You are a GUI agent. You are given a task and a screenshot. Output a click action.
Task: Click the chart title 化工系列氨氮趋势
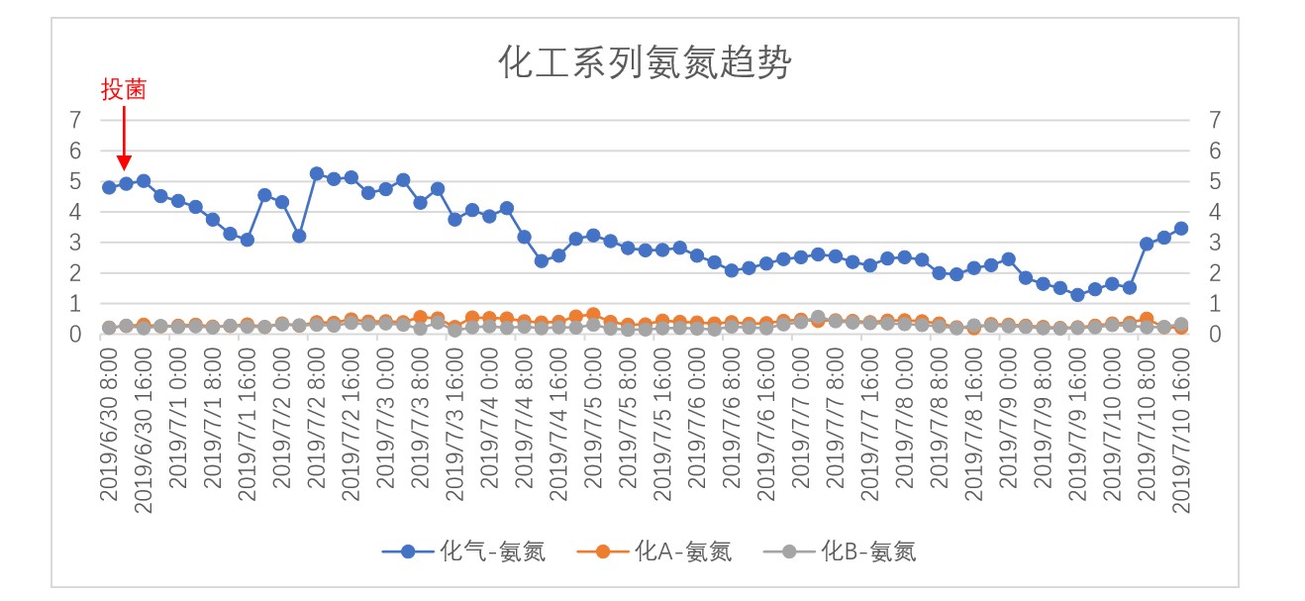tap(645, 64)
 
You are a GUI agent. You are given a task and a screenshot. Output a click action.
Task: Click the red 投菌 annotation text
tap(124, 90)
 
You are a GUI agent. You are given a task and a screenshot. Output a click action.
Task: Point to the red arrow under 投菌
tap(124, 139)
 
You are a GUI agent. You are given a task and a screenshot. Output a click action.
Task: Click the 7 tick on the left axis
tap(77, 120)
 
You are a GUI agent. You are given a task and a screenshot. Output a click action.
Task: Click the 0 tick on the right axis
tap(1215, 335)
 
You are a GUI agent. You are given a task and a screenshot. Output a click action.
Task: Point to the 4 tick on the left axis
tap(77, 212)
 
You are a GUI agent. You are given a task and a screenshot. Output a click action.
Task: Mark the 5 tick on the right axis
tap(1215, 181)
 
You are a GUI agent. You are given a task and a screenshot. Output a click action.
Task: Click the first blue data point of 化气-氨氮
tap(109, 187)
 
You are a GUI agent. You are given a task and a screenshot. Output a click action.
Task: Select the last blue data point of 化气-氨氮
tap(1180, 229)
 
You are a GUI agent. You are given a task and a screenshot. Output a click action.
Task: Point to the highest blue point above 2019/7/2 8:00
tap(317, 173)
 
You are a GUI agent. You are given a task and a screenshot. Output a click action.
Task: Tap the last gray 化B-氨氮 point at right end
tap(1180, 324)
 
